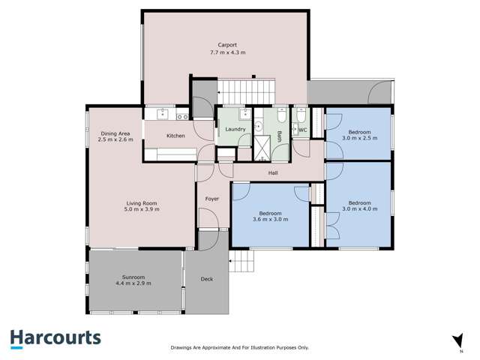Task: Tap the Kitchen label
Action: click(175, 136)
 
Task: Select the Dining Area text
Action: click(116, 133)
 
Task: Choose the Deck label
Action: click(207, 280)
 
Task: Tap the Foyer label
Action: click(211, 199)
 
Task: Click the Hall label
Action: click(274, 173)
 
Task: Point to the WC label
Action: click(303, 130)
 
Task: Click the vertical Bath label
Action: click(279, 136)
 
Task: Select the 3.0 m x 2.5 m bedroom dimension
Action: click(358, 138)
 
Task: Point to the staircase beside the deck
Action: click(242, 262)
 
